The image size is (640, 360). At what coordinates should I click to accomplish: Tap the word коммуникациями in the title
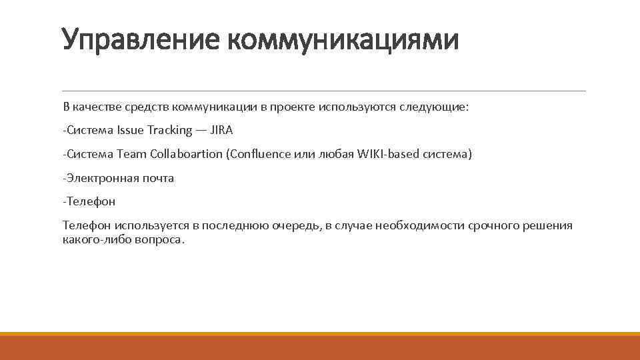pyautogui.click(x=343, y=40)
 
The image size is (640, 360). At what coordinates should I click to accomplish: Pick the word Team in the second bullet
pyautogui.click(x=131, y=154)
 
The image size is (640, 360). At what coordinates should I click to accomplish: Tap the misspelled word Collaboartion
pyautogui.click(x=186, y=154)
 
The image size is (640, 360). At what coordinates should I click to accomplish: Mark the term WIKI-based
pyautogui.click(x=383, y=154)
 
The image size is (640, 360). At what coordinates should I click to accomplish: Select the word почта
pyautogui.click(x=158, y=178)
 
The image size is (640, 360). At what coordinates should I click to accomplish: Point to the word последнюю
pyautogui.click(x=236, y=226)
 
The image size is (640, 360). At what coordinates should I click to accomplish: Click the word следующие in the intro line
pyautogui.click(x=439, y=106)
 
